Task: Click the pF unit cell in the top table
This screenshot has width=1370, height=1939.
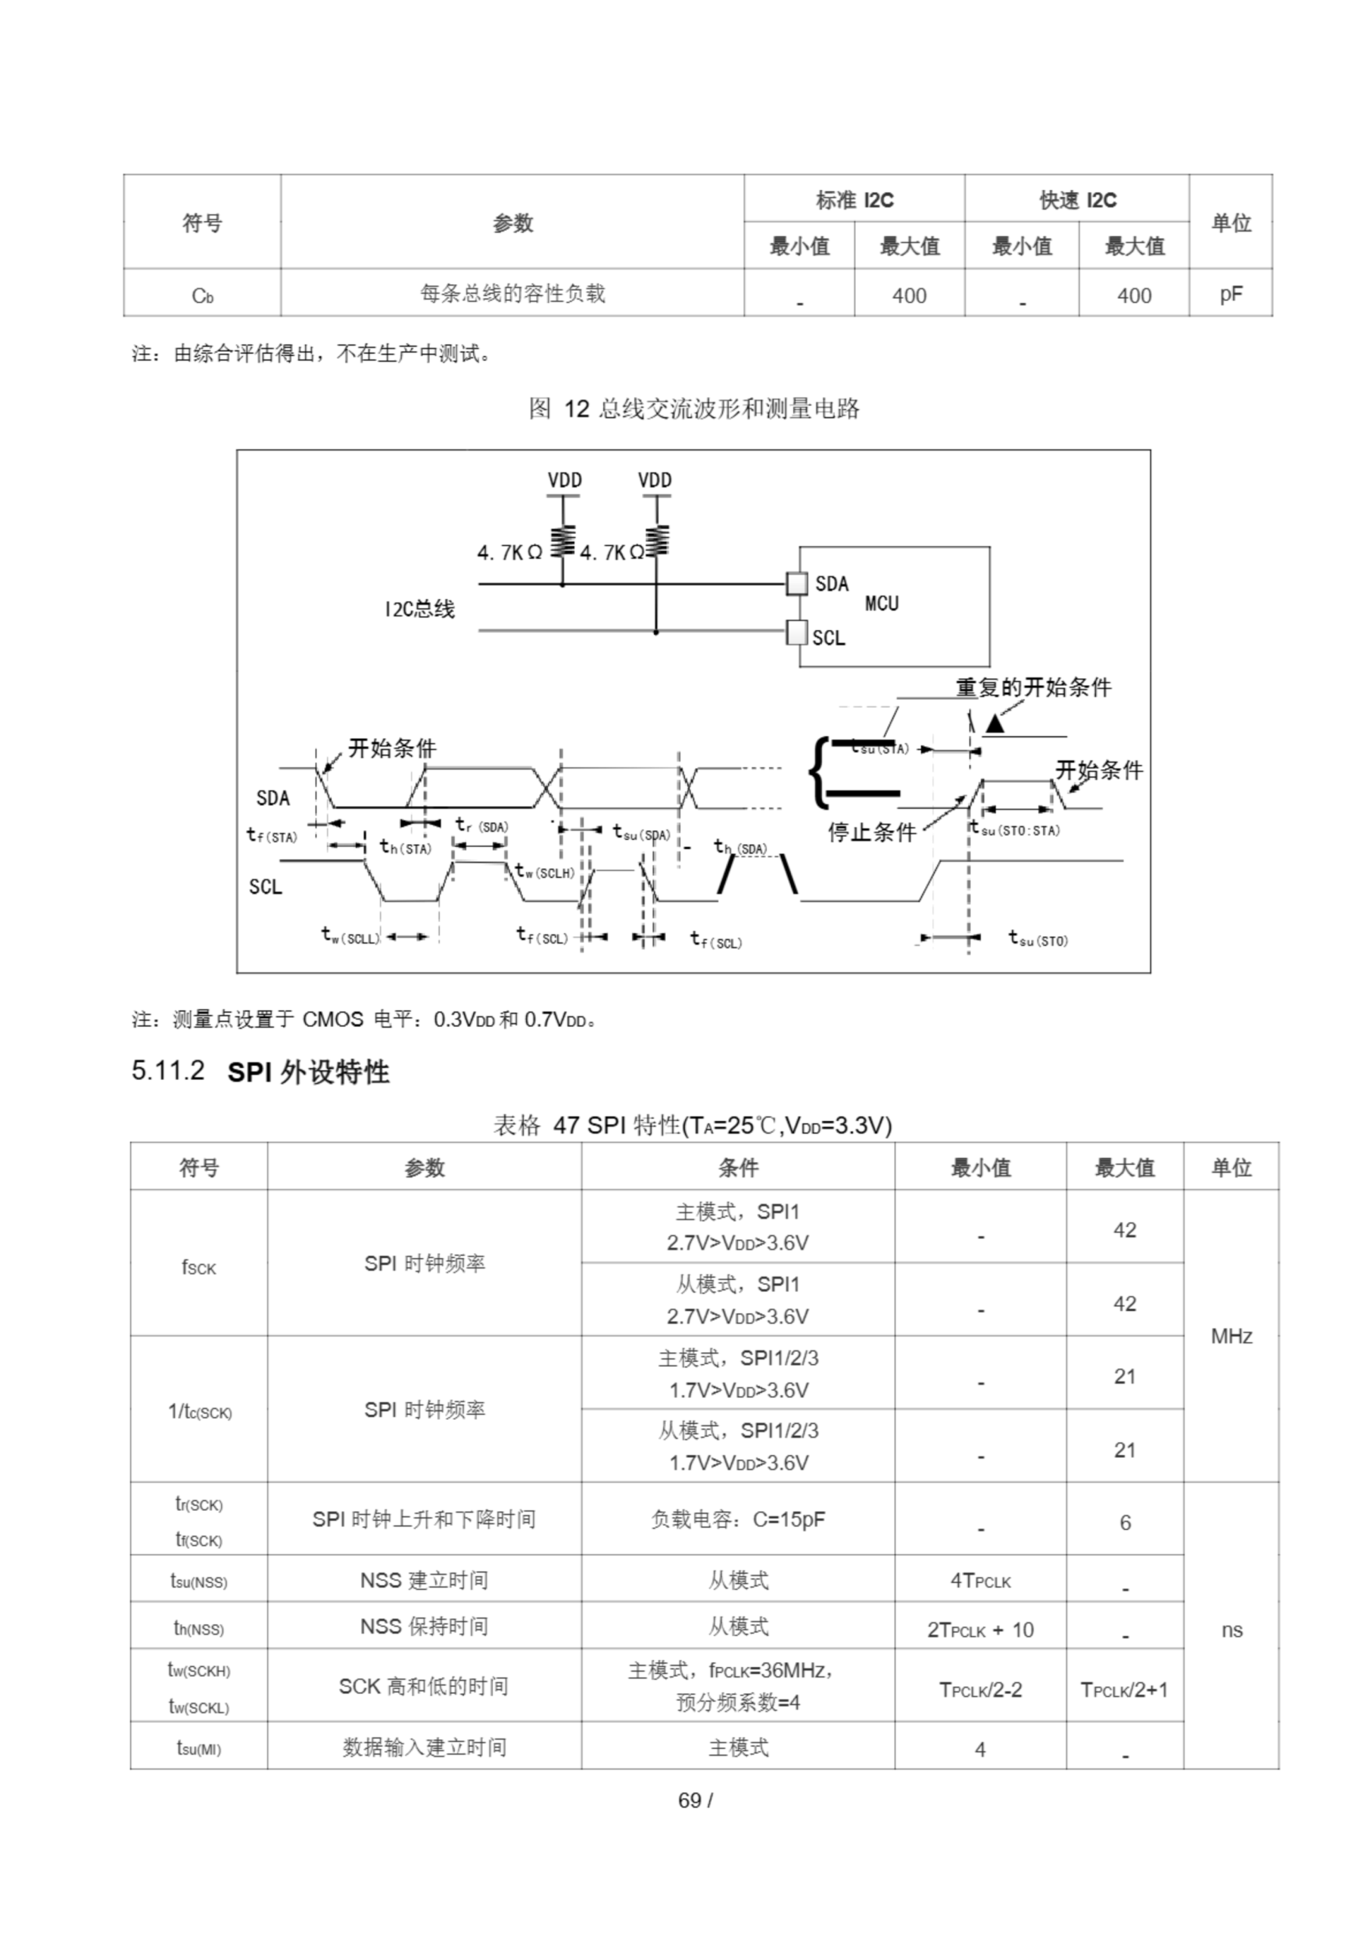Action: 1230,294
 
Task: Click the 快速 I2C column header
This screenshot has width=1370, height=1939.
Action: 1076,200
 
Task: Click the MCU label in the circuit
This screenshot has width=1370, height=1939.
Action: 881,603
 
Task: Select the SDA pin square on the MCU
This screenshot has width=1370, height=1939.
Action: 796,583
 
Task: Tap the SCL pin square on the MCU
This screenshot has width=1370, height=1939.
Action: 796,632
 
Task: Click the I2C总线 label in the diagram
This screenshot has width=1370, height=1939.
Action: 419,608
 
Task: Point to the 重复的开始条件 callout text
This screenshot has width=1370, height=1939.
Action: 1032,688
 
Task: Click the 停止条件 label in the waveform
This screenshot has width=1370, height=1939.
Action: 871,832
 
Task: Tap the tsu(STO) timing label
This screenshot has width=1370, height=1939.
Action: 1038,938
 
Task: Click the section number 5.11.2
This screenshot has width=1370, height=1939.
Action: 168,1071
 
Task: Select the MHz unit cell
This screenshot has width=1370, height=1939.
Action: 1230,1336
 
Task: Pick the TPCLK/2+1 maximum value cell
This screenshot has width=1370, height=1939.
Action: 1123,1689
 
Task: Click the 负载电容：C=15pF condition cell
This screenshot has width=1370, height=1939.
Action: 737,1519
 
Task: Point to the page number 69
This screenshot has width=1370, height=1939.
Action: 690,1800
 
